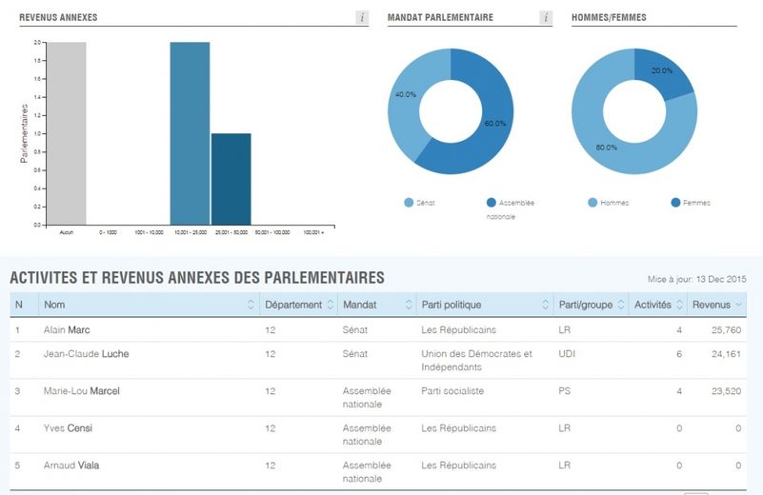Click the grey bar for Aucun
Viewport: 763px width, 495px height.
67,133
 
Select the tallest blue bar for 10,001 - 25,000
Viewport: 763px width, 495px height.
190,133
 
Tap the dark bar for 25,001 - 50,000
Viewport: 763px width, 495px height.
231,179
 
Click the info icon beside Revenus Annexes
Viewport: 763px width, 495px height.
362,18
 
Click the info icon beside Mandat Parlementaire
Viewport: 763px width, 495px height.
545,18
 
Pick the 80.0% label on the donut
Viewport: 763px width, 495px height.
606,148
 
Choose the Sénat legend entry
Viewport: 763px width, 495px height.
419,203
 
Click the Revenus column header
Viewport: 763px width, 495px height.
712,305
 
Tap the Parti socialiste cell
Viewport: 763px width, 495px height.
452,391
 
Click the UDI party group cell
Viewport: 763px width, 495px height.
566,354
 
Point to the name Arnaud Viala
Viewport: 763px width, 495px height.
71,465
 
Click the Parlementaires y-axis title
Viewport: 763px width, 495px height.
25,133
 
